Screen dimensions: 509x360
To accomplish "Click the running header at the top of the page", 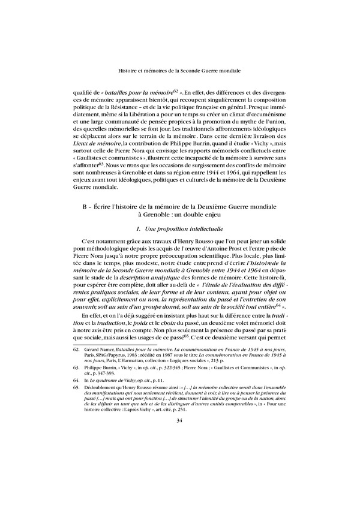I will [x=180, y=70].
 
